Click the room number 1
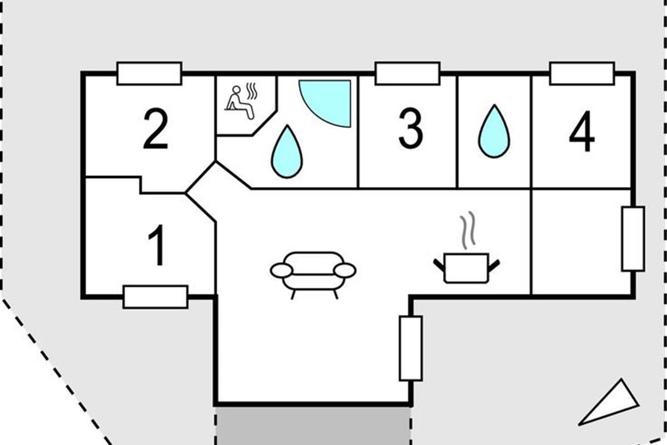tap(157, 245)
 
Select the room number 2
tap(156, 128)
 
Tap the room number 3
tap(411, 128)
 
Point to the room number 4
tap(581, 131)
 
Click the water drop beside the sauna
tap(286, 152)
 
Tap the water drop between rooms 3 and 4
tap(494, 131)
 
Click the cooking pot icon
tap(466, 268)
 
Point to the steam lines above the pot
tap(467, 230)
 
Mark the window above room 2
tap(149, 73)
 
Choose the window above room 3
tap(407, 73)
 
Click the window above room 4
tap(582, 73)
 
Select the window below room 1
tap(156, 297)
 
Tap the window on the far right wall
tap(633, 239)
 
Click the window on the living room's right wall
tap(411, 348)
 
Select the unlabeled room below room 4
tap(581, 241)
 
